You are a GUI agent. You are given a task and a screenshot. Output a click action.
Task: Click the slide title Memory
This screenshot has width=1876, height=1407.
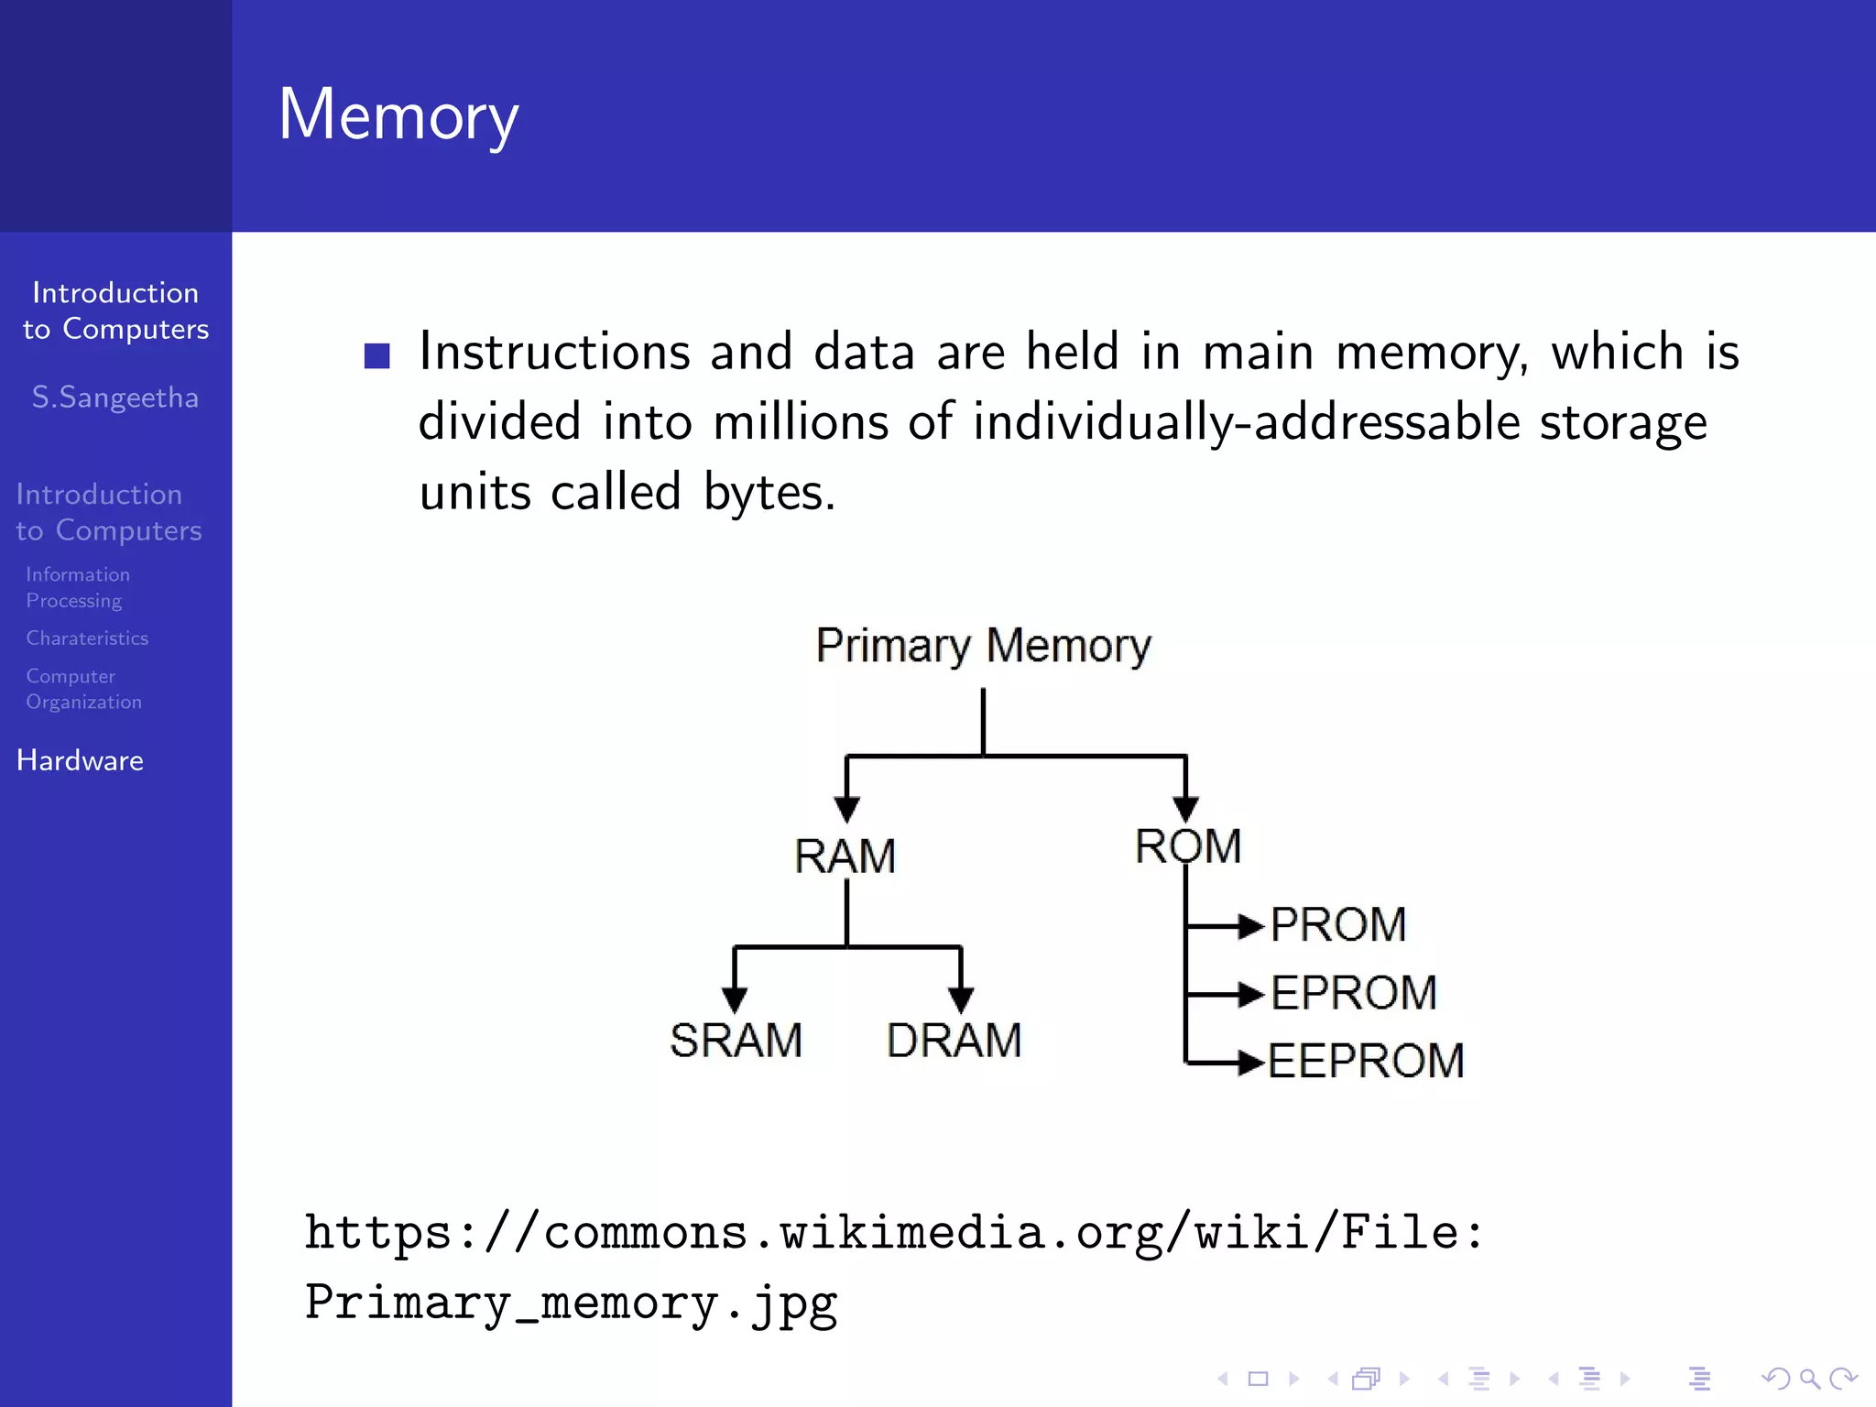coord(398,115)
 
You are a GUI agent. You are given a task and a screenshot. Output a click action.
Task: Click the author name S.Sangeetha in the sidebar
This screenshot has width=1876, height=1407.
coord(115,398)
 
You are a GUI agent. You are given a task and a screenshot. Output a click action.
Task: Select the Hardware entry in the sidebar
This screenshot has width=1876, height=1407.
coord(81,760)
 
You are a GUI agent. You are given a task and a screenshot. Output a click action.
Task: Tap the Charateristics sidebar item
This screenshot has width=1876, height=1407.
coord(87,638)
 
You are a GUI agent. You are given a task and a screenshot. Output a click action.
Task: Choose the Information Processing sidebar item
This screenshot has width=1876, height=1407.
coord(78,587)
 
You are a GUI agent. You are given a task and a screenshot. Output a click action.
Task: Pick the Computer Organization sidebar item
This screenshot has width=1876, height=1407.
coord(83,689)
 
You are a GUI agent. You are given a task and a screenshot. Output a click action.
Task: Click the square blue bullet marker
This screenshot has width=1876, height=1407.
coord(376,355)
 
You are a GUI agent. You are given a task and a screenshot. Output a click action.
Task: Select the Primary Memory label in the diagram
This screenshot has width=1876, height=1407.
coord(983,646)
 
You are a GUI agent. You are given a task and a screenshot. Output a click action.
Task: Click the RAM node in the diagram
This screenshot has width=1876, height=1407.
coord(845,856)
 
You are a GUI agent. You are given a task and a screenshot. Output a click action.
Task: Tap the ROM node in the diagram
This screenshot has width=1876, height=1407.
coord(1188,845)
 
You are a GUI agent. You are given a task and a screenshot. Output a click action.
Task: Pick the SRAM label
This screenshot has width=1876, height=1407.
coord(736,1041)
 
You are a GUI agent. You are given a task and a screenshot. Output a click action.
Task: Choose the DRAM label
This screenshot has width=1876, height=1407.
coord(954,1041)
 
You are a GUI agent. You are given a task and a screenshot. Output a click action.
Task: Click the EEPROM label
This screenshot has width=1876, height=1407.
coord(1366,1061)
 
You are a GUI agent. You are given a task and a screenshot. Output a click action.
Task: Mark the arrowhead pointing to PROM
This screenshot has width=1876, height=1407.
coord(1250,926)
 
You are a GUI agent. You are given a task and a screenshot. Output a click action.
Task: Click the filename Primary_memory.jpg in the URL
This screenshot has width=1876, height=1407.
coord(571,1303)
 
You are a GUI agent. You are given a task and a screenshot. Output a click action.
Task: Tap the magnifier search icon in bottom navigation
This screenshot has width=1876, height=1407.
coord(1809,1379)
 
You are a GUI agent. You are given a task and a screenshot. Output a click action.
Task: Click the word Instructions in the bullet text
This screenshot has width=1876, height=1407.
coord(553,352)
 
